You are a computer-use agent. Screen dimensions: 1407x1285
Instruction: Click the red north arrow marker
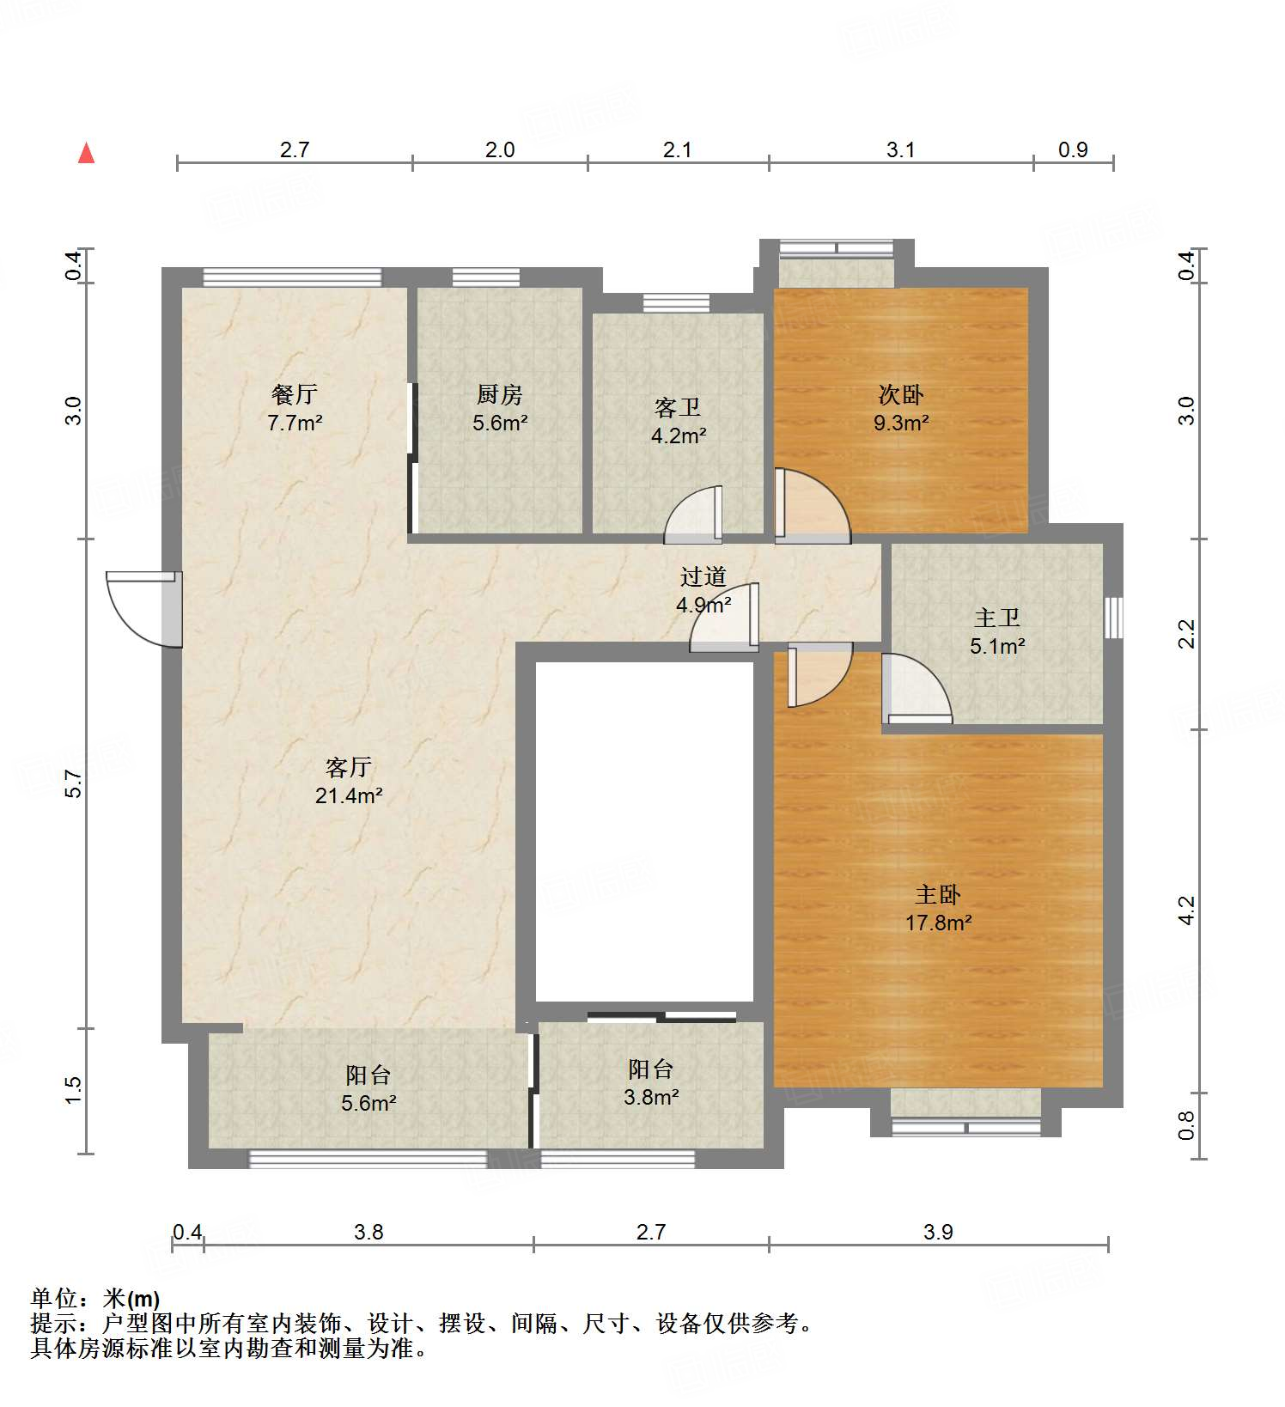[86, 154]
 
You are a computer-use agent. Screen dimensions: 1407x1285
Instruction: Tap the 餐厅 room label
[295, 394]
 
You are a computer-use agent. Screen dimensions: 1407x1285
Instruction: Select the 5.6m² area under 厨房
[499, 423]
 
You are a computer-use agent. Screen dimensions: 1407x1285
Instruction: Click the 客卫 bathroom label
[678, 407]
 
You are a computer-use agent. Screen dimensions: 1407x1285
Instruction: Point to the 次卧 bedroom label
[901, 394]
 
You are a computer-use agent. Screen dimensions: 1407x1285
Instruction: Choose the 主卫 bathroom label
[996, 618]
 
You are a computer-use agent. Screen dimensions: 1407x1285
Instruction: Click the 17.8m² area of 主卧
[938, 923]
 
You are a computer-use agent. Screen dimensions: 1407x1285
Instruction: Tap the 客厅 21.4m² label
[348, 781]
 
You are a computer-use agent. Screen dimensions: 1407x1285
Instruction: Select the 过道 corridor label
[703, 576]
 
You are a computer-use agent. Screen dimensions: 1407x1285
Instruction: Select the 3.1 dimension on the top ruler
[900, 150]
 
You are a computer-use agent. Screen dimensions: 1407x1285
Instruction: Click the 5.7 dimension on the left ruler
[74, 783]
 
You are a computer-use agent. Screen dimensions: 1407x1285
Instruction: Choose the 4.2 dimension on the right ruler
[1186, 911]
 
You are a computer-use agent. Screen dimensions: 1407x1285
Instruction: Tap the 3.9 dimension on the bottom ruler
[938, 1232]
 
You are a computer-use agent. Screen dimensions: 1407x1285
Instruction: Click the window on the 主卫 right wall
[1113, 618]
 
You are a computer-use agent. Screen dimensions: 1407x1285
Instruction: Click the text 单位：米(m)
[95, 1299]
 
